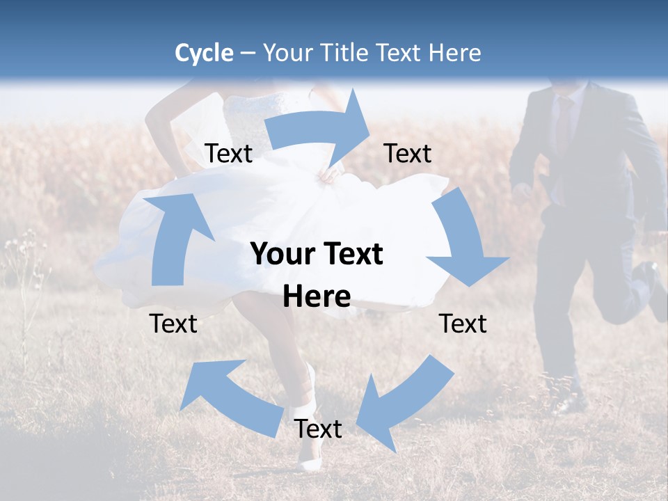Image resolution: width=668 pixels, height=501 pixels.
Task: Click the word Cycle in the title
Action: [x=204, y=53]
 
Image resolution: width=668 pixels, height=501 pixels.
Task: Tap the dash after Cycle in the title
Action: [x=247, y=53]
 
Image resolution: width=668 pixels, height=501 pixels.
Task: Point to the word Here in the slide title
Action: [x=456, y=53]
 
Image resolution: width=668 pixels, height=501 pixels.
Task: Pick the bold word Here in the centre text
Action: [x=317, y=297]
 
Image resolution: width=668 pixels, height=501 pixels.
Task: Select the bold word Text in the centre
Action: [x=352, y=255]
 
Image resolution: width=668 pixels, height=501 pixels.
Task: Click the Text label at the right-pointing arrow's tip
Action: [x=408, y=154]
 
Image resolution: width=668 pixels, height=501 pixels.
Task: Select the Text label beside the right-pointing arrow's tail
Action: [x=228, y=154]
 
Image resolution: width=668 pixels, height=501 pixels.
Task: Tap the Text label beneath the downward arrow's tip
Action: [x=463, y=324]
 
